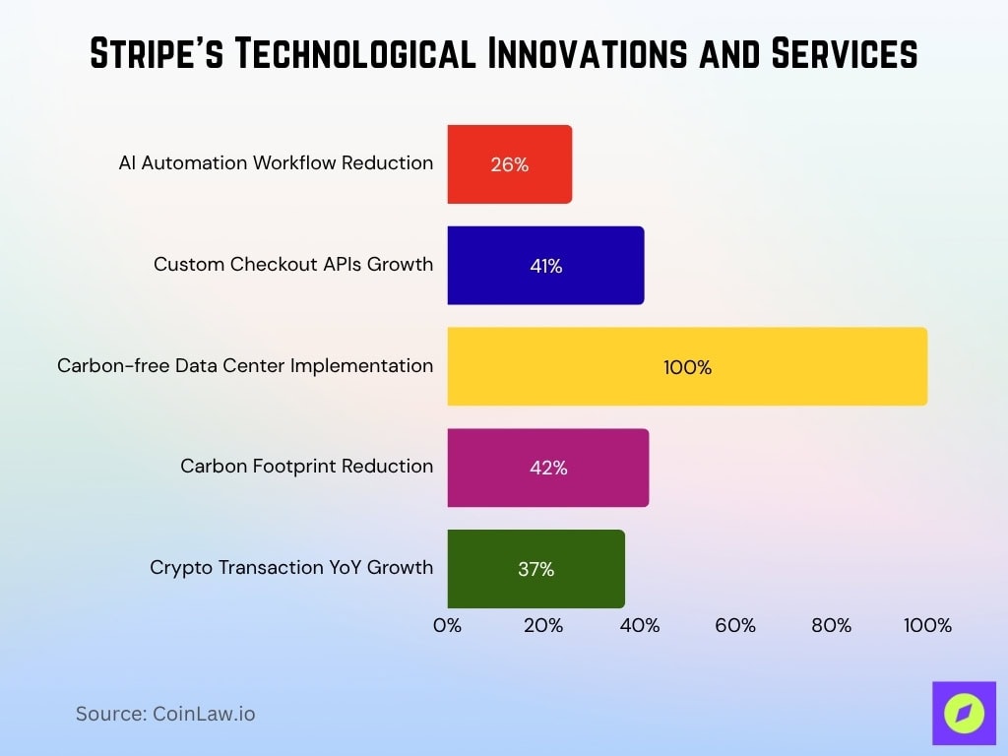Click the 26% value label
(510, 164)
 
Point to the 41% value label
(545, 266)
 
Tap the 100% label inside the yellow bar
(687, 367)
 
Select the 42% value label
(548, 468)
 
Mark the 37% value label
(535, 569)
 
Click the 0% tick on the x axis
(447, 625)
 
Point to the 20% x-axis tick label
(543, 625)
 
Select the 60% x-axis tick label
(735, 625)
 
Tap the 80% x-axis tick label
(831, 625)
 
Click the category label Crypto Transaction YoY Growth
(291, 567)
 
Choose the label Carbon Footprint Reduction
(306, 466)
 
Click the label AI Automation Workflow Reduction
(276, 162)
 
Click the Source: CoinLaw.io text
(165, 714)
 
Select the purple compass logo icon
(964, 713)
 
